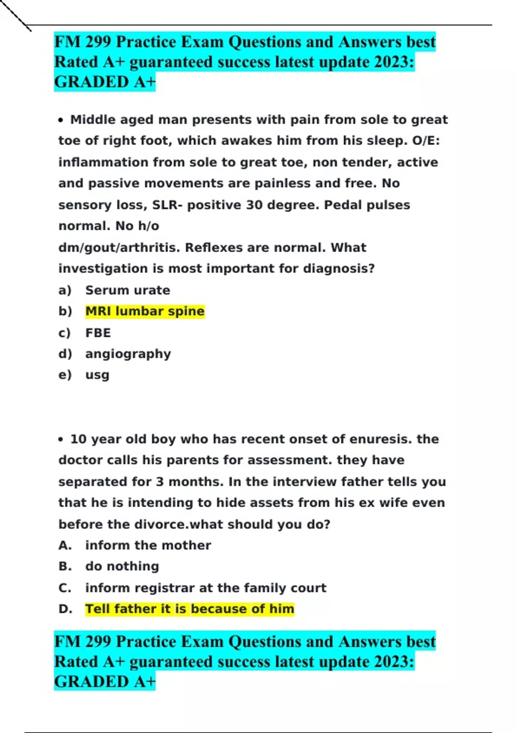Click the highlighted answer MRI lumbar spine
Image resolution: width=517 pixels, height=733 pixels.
[x=145, y=311]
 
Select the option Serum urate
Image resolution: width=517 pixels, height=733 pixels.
[x=128, y=290]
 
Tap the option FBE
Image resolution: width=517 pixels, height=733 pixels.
[x=98, y=333]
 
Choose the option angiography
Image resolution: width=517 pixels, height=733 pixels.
[x=128, y=354]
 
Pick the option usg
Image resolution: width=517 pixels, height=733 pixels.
[x=97, y=375]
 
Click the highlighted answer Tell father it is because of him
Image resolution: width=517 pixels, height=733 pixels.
[x=190, y=609]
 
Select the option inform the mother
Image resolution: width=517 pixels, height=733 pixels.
[x=148, y=545]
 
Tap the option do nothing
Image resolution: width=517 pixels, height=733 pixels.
[x=122, y=566]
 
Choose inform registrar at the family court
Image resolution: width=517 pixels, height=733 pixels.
[x=206, y=588]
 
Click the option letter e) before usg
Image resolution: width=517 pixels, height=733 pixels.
[x=65, y=375]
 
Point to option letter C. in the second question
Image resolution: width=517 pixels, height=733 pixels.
[x=65, y=588]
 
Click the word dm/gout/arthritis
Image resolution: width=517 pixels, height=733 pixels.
[x=119, y=247]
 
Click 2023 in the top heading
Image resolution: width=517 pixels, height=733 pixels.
[x=392, y=62]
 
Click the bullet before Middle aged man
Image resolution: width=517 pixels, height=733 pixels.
[x=61, y=120]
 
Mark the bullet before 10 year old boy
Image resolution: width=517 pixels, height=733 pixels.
[x=61, y=440]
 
